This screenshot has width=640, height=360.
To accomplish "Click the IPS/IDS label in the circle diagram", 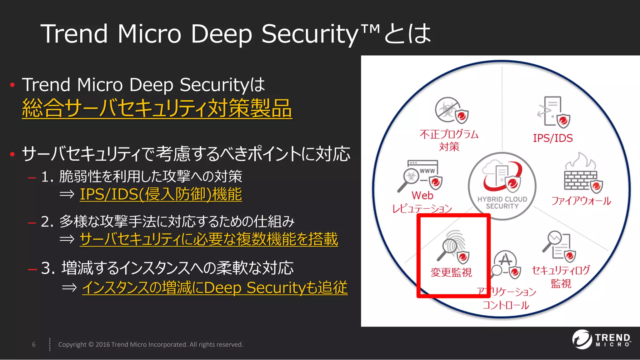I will tap(552, 138).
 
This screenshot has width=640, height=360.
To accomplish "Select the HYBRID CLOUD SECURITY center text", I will tap(502, 202).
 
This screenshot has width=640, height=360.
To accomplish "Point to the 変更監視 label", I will tap(451, 272).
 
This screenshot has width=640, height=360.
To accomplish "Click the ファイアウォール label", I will tap(581, 201).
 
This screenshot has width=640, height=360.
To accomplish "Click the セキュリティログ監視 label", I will tap(561, 277).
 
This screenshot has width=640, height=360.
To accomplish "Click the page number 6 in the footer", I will tap(34, 344).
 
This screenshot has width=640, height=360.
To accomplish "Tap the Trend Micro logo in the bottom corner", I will tap(601, 339).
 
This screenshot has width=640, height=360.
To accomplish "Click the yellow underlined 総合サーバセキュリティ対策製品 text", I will tap(157, 108).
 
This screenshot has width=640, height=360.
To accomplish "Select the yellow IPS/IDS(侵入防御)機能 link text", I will tap(161, 194).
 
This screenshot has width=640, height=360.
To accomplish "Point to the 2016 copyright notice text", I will tap(151, 344).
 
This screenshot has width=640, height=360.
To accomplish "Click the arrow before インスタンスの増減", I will tap(69, 287).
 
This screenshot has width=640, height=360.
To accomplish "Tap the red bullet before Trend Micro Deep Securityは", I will tap(12, 85).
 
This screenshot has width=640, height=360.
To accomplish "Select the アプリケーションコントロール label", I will tap(506, 298).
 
